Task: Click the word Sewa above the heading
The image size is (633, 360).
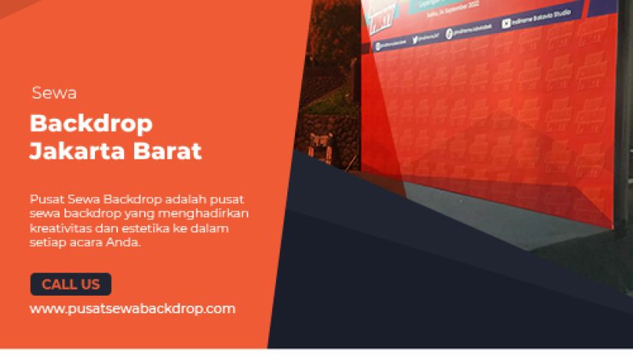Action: (x=54, y=93)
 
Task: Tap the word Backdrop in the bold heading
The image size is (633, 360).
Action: (x=90, y=123)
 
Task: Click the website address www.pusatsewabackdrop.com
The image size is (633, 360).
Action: (x=133, y=309)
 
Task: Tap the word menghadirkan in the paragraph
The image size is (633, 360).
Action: (x=214, y=213)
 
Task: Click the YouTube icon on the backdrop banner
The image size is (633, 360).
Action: (x=507, y=24)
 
